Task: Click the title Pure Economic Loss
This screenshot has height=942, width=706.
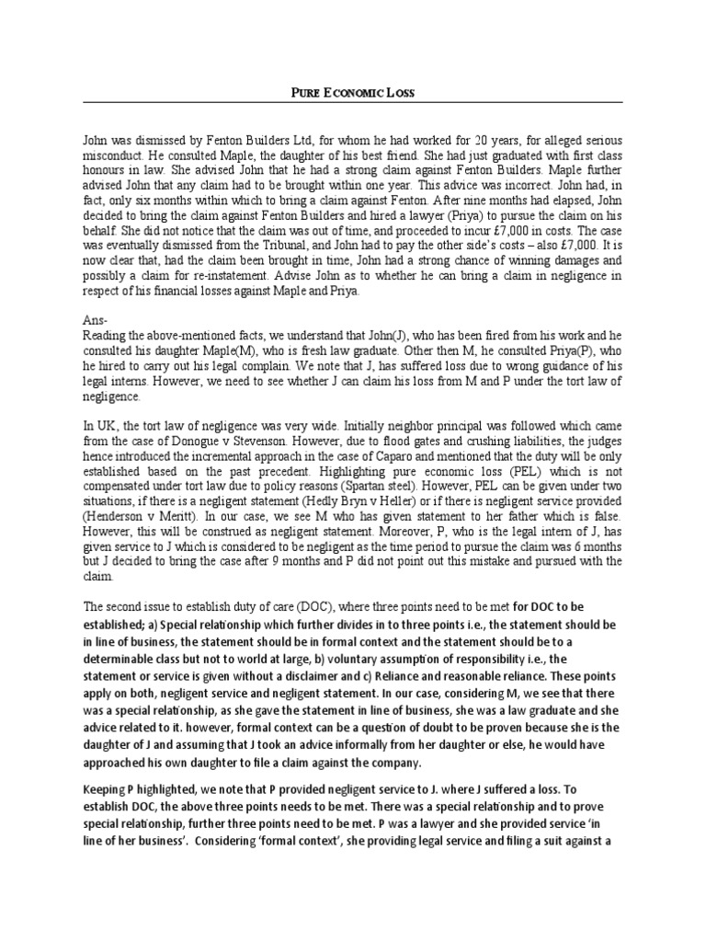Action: (353, 93)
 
